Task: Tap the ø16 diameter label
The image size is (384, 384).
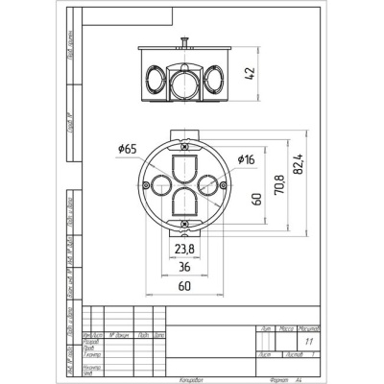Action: tap(245, 158)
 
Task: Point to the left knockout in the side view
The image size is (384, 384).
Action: tap(153, 76)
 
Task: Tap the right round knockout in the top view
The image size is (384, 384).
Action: tap(208, 185)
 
